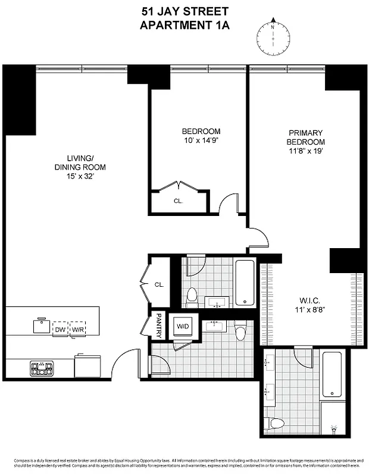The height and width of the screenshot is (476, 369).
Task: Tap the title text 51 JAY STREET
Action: [x=185, y=11]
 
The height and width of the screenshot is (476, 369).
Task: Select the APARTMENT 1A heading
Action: [x=185, y=25]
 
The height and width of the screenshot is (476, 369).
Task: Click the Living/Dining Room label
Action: [x=71, y=162]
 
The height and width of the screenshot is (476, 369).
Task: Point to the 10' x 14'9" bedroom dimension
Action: [x=201, y=140]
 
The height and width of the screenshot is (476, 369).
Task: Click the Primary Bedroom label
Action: [x=305, y=137]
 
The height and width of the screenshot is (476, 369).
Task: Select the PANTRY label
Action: [x=158, y=325]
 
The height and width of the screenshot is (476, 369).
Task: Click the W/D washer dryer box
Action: [x=182, y=325]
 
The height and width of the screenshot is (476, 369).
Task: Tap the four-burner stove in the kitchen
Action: [x=42, y=368]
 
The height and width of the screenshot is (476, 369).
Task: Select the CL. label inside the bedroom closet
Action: [x=178, y=201]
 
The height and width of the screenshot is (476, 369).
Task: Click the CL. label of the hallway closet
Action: [x=159, y=284]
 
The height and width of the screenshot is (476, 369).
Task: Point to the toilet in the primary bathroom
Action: [x=276, y=424]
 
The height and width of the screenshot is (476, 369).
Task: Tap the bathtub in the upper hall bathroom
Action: [x=244, y=282]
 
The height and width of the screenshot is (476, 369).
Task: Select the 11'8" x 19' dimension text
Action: [x=305, y=151]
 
